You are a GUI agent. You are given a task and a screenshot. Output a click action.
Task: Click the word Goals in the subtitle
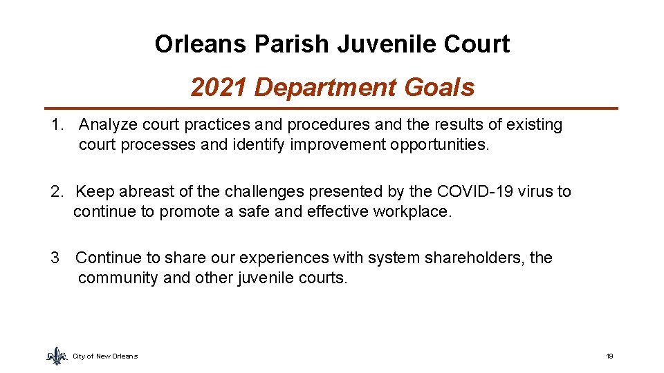[x=441, y=88]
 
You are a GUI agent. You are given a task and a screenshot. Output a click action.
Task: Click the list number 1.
[x=57, y=125]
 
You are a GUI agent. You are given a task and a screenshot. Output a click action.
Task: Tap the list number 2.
[x=56, y=191]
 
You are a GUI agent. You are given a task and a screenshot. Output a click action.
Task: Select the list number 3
[x=55, y=258]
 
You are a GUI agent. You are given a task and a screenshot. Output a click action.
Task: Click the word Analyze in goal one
[x=108, y=125]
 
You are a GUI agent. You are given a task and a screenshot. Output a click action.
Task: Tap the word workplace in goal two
[x=412, y=211]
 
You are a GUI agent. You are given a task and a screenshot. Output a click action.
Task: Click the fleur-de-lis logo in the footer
[x=56, y=355]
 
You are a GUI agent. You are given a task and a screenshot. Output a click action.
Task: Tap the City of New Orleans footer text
[x=105, y=356]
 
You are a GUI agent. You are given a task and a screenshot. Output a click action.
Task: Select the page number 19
[x=609, y=356]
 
